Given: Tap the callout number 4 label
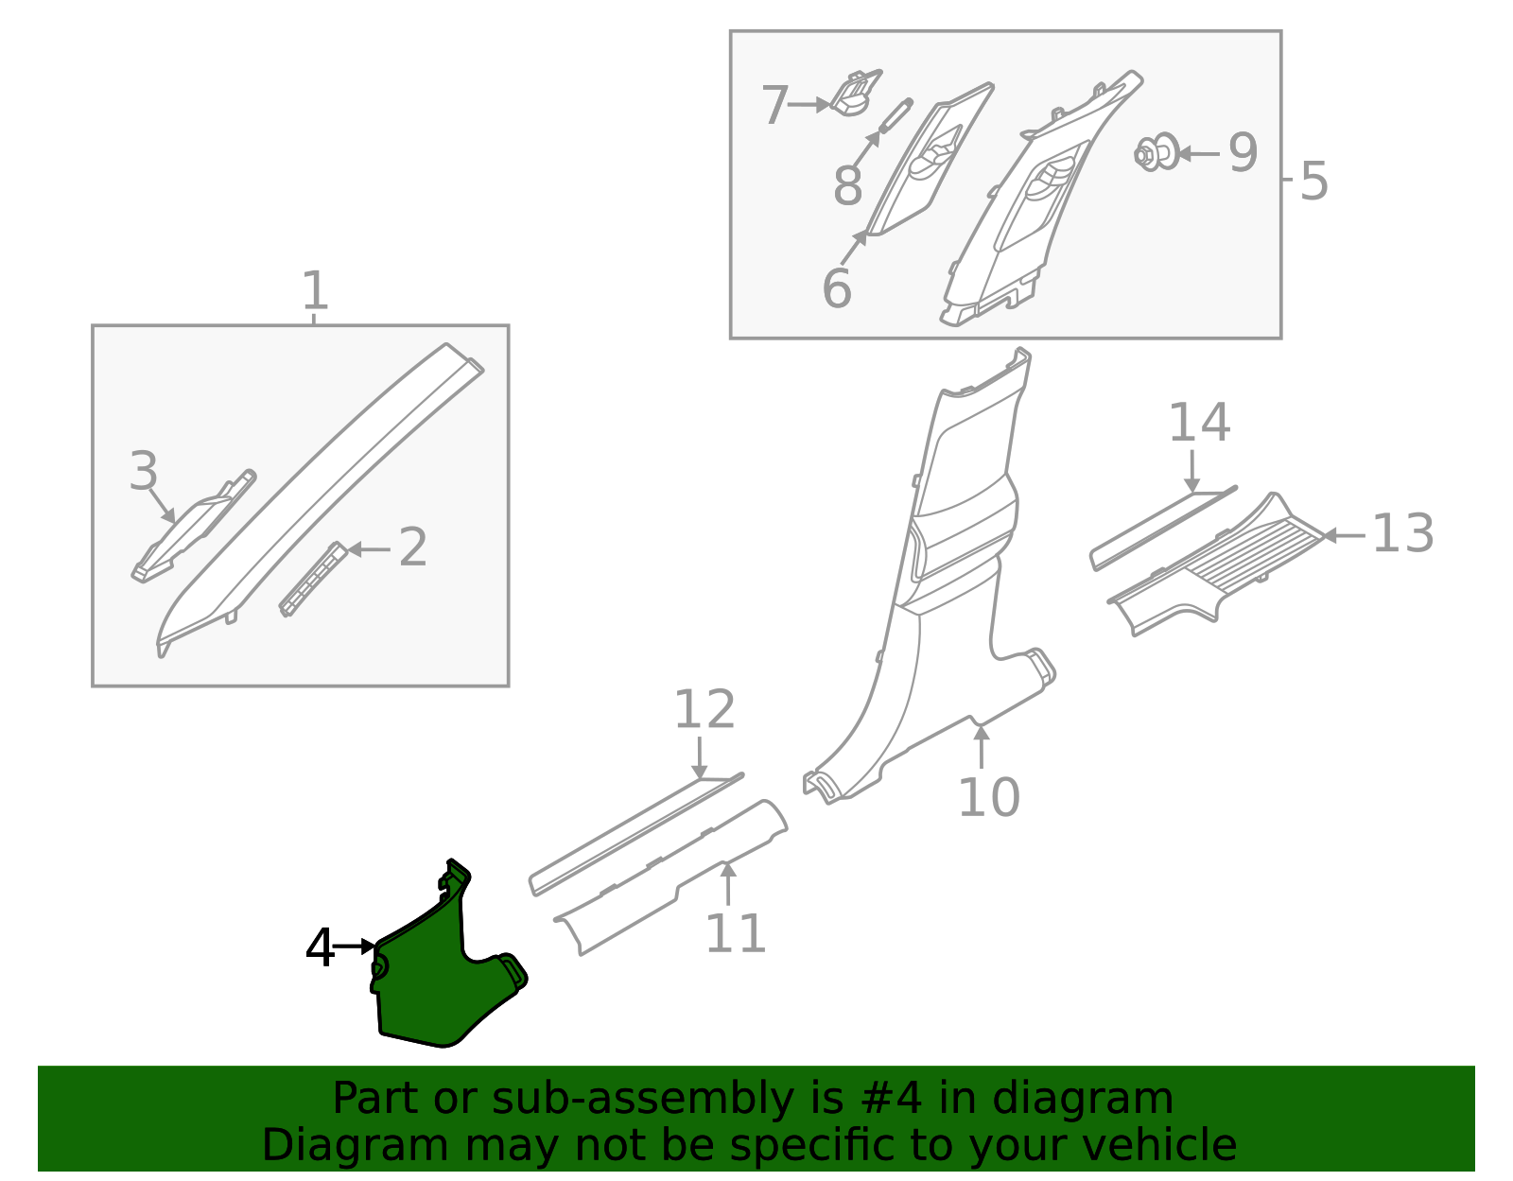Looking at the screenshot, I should point(321,947).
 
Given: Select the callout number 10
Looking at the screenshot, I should point(988,797).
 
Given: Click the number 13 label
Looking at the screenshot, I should point(1402,534).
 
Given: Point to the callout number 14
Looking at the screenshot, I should point(1199,424).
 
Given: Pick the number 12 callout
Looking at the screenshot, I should point(704,710).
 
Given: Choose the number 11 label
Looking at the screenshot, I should point(735,934).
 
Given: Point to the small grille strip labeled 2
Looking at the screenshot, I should point(312,579).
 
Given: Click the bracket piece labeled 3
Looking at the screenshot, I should point(189,531).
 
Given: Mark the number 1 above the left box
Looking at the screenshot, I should point(315,291).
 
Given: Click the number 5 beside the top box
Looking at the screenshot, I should point(1313,181).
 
